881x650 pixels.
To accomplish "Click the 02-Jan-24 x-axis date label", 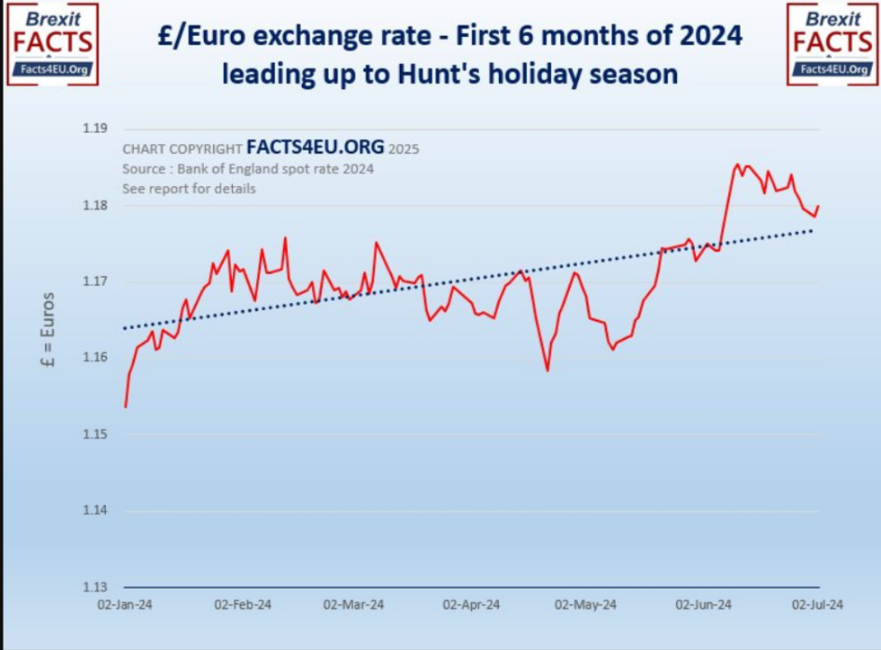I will click(x=125, y=605).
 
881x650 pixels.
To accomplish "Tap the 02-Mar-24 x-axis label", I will click(x=353, y=605).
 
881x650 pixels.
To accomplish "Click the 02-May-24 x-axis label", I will click(x=586, y=605).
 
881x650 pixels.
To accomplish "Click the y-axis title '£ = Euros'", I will click(x=49, y=330).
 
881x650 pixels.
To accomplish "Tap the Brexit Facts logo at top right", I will click(x=832, y=44).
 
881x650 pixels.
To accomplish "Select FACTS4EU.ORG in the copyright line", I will click(x=315, y=147).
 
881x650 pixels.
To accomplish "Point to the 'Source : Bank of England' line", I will click(x=247, y=169).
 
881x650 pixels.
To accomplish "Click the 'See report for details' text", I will click(x=189, y=189).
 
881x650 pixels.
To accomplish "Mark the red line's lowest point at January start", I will click(x=125, y=407).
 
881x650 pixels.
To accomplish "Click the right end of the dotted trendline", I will click(x=813, y=230).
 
